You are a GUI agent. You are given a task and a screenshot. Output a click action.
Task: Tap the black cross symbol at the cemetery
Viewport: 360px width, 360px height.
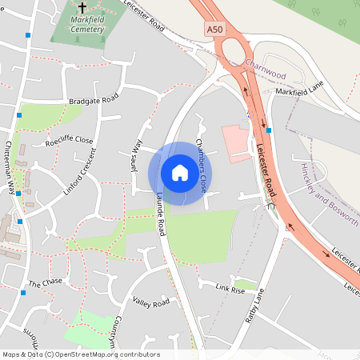click(82, 7)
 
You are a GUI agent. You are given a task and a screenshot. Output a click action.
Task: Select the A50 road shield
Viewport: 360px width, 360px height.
click(215, 29)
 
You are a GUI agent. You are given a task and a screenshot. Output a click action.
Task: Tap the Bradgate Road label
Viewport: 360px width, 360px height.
click(94, 99)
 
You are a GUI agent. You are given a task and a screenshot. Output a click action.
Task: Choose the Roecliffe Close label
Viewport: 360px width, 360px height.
click(70, 141)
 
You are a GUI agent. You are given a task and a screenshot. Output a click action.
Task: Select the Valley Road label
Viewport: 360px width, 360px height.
click(151, 302)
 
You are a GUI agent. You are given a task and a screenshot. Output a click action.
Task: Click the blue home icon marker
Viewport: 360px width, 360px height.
click(180, 173)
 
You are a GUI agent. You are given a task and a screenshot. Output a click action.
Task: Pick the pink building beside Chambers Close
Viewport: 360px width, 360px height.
click(235, 142)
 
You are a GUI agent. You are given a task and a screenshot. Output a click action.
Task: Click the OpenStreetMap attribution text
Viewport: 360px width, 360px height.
click(80, 354)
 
